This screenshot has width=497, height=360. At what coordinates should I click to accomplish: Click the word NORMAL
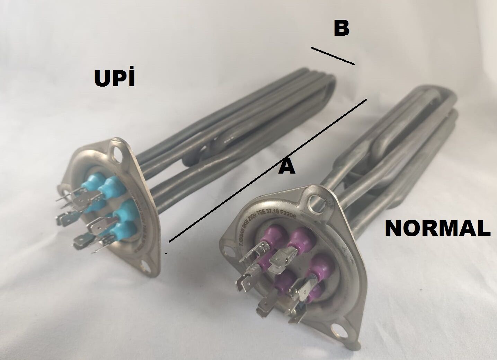[x=437, y=228]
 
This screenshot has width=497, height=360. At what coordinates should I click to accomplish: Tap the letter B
[x=341, y=29]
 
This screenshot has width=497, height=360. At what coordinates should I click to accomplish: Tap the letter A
[x=287, y=167]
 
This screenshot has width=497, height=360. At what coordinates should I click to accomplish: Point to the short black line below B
[x=332, y=56]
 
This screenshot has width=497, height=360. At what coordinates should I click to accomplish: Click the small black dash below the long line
[x=166, y=254]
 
